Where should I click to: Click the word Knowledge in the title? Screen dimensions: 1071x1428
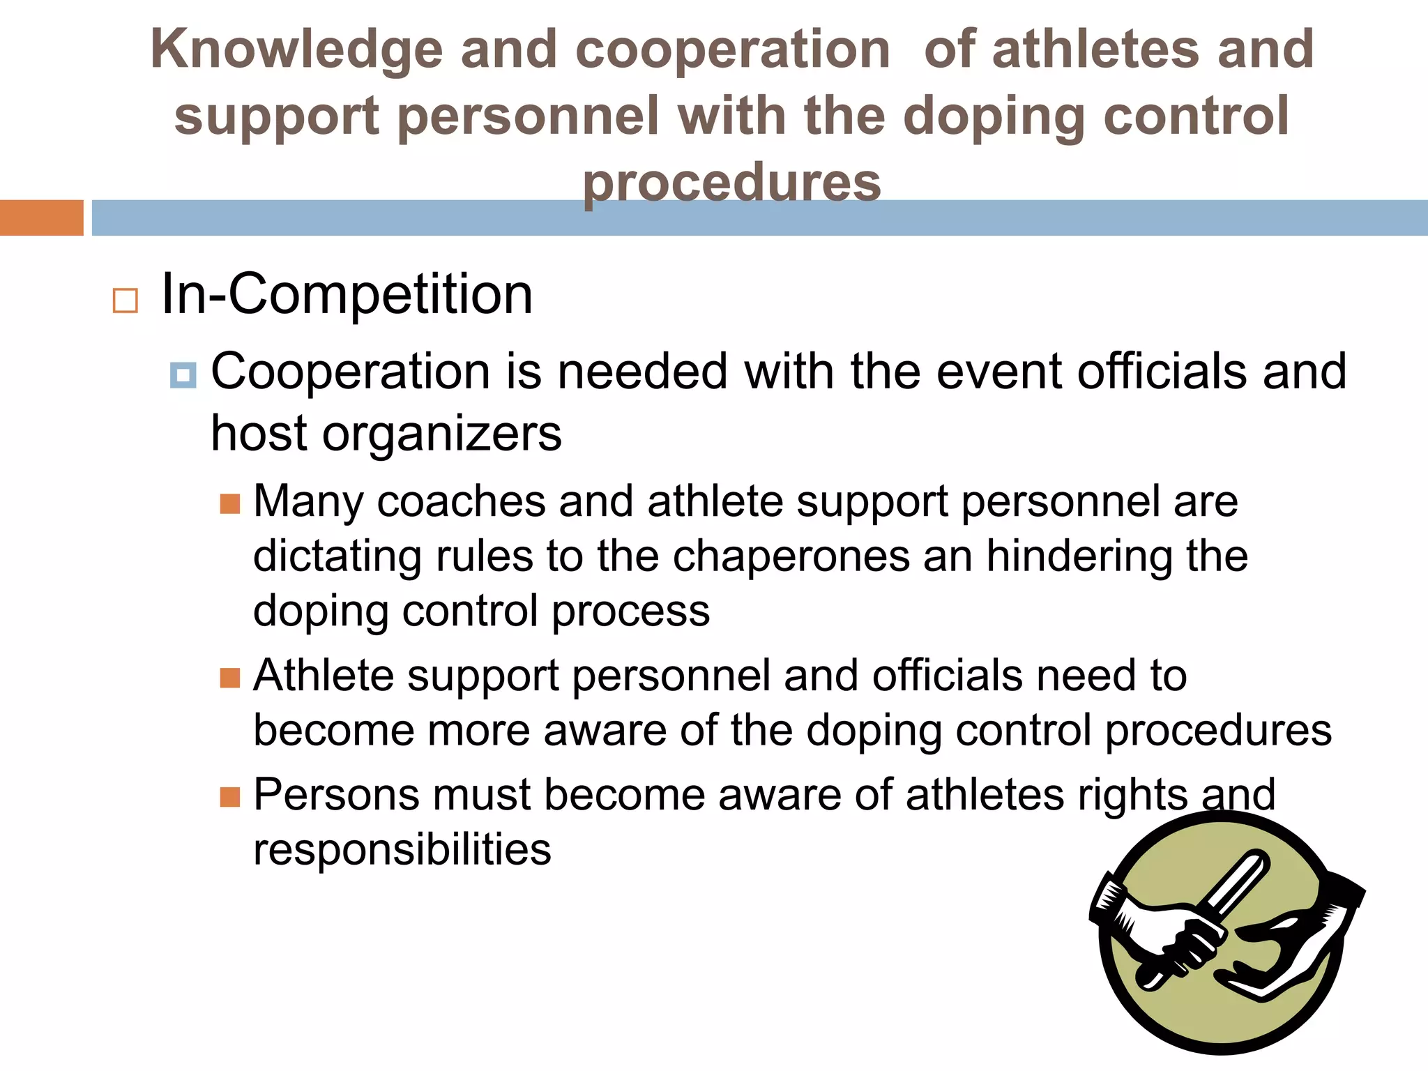click(296, 50)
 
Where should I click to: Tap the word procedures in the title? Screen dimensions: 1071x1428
click(731, 183)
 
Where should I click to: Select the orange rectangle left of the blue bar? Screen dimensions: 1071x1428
click(41, 218)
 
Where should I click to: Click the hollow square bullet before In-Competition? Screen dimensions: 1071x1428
click(125, 301)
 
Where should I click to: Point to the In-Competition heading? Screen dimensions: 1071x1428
click(347, 294)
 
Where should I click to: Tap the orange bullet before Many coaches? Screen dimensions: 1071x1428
click(229, 503)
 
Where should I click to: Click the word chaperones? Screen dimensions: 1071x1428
click(791, 556)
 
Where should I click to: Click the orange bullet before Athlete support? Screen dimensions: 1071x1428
click(229, 677)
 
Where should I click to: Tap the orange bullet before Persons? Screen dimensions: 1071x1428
click(229, 796)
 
